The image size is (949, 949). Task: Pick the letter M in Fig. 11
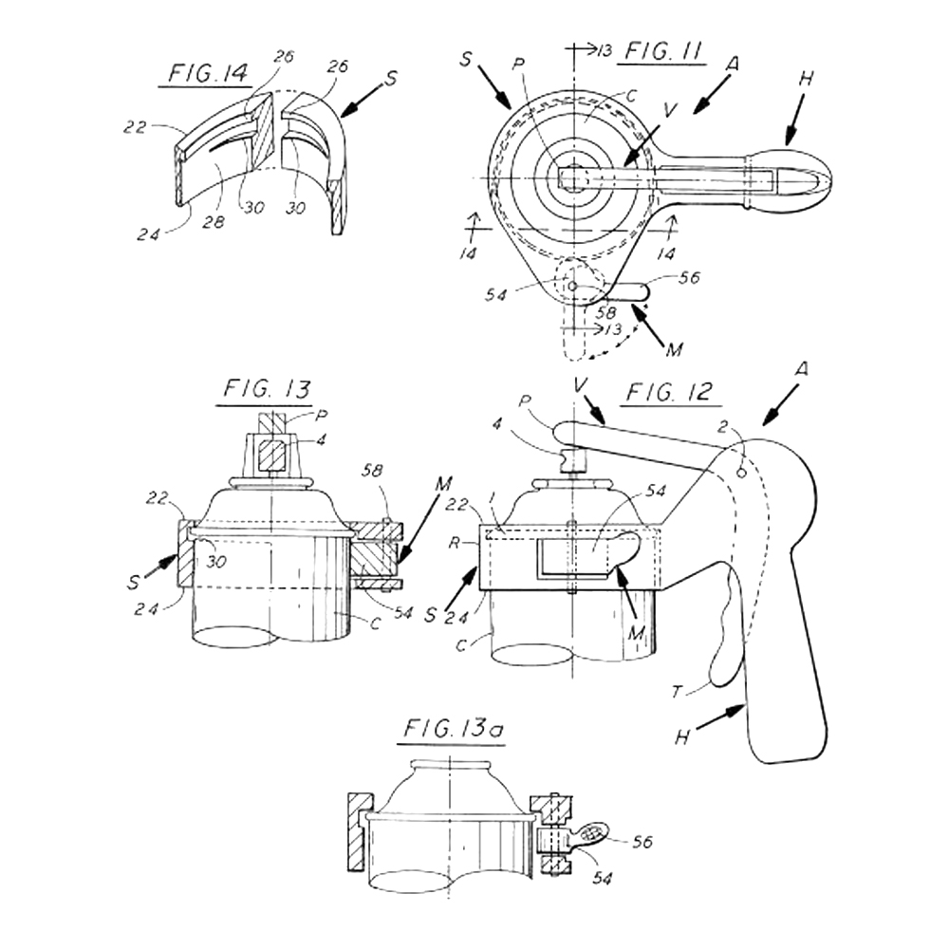pyautogui.click(x=675, y=349)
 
